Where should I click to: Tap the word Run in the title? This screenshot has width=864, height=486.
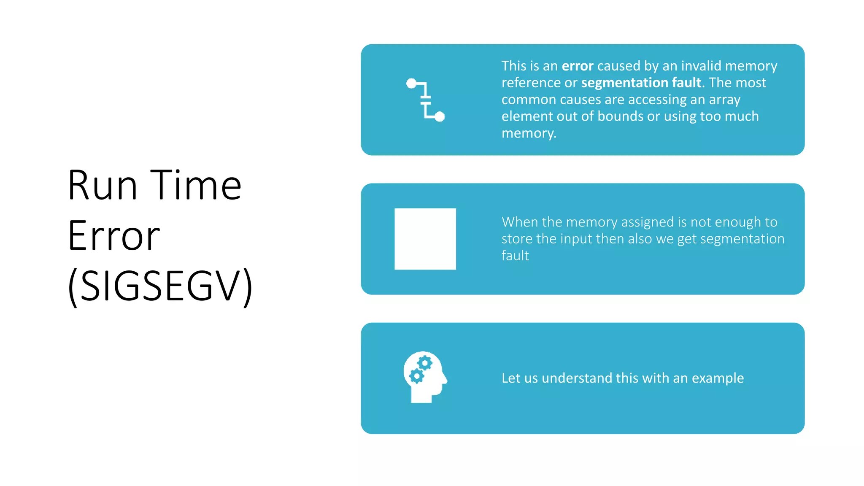[103, 185]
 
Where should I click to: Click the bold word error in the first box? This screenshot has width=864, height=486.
[578, 66]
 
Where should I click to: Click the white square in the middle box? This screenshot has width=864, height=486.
[425, 239]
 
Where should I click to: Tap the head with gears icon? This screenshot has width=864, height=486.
[424, 377]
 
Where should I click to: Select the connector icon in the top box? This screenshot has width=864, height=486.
[425, 100]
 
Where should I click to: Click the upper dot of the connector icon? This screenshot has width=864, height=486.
[411, 84]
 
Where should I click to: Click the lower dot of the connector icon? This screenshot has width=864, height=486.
[440, 116]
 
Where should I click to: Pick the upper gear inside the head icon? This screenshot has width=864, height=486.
[425, 363]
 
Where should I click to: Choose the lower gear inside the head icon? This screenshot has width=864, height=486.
[416, 376]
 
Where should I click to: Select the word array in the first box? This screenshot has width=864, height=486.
[724, 100]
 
